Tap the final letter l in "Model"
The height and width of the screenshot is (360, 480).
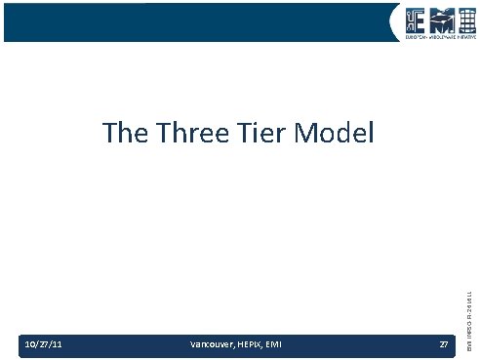coord(370,133)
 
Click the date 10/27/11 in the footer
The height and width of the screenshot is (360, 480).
coord(43,343)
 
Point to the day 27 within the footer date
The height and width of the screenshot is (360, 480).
coord(44,343)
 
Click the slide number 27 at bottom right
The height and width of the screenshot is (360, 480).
coord(444,343)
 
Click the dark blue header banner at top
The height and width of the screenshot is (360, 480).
coord(195,21)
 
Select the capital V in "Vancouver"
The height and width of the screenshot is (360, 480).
coord(191,343)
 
